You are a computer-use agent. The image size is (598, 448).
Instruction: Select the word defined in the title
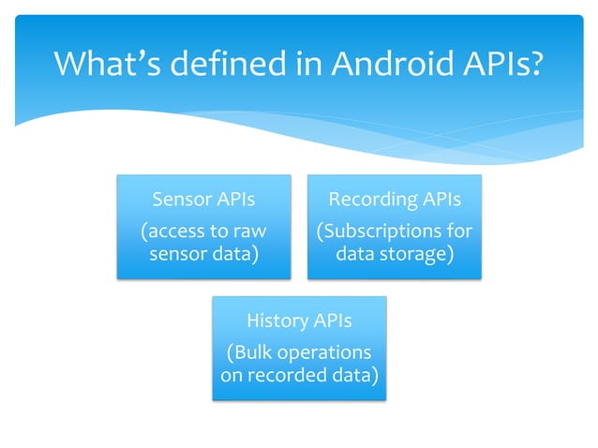(225, 65)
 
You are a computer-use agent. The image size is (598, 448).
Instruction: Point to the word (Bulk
(252, 353)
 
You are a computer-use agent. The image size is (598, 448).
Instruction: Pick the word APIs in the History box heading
(333, 321)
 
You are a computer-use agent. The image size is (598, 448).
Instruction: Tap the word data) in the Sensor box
(231, 254)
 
